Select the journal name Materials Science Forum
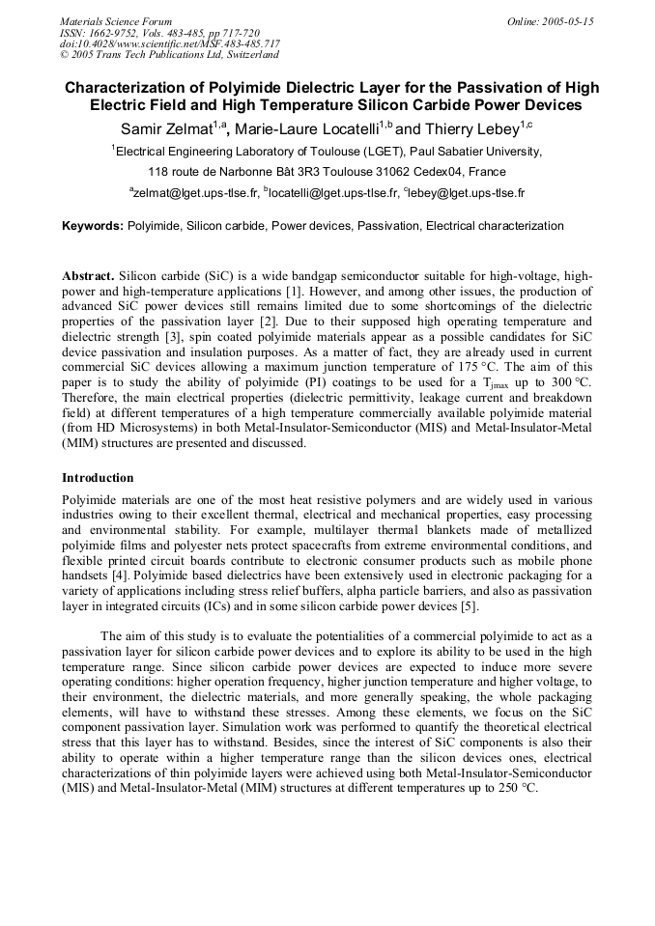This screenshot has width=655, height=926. (116, 21)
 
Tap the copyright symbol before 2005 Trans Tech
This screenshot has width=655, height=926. (64, 55)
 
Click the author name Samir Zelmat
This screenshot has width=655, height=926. (165, 128)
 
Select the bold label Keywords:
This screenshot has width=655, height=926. (93, 226)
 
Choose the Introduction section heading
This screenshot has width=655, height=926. (98, 478)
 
